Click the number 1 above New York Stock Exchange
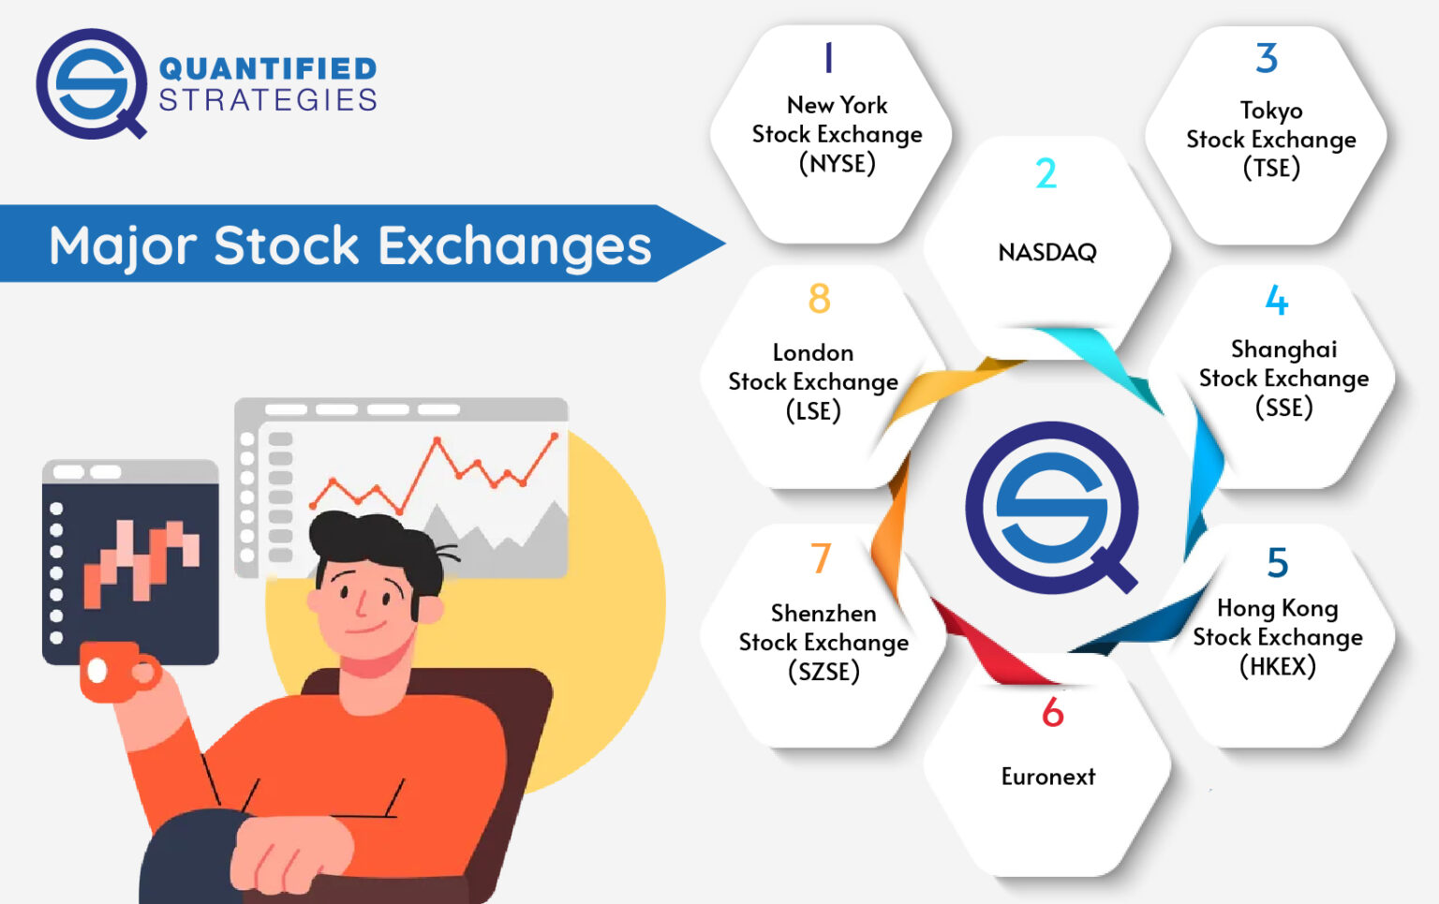coord(828,58)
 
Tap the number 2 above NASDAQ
coord(1046,174)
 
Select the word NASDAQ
coord(1046,252)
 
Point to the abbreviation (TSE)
coord(1271,169)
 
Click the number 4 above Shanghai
coord(1276,301)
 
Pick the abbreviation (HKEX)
coord(1277,666)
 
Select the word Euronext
coord(1047,777)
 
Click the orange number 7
coord(821,558)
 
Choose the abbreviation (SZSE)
coord(823,672)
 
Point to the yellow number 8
coord(819,300)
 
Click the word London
coord(812,353)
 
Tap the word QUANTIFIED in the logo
coord(268,68)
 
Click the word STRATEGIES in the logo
coord(268,100)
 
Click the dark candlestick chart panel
coord(130,562)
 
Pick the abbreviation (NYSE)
coord(837,164)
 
